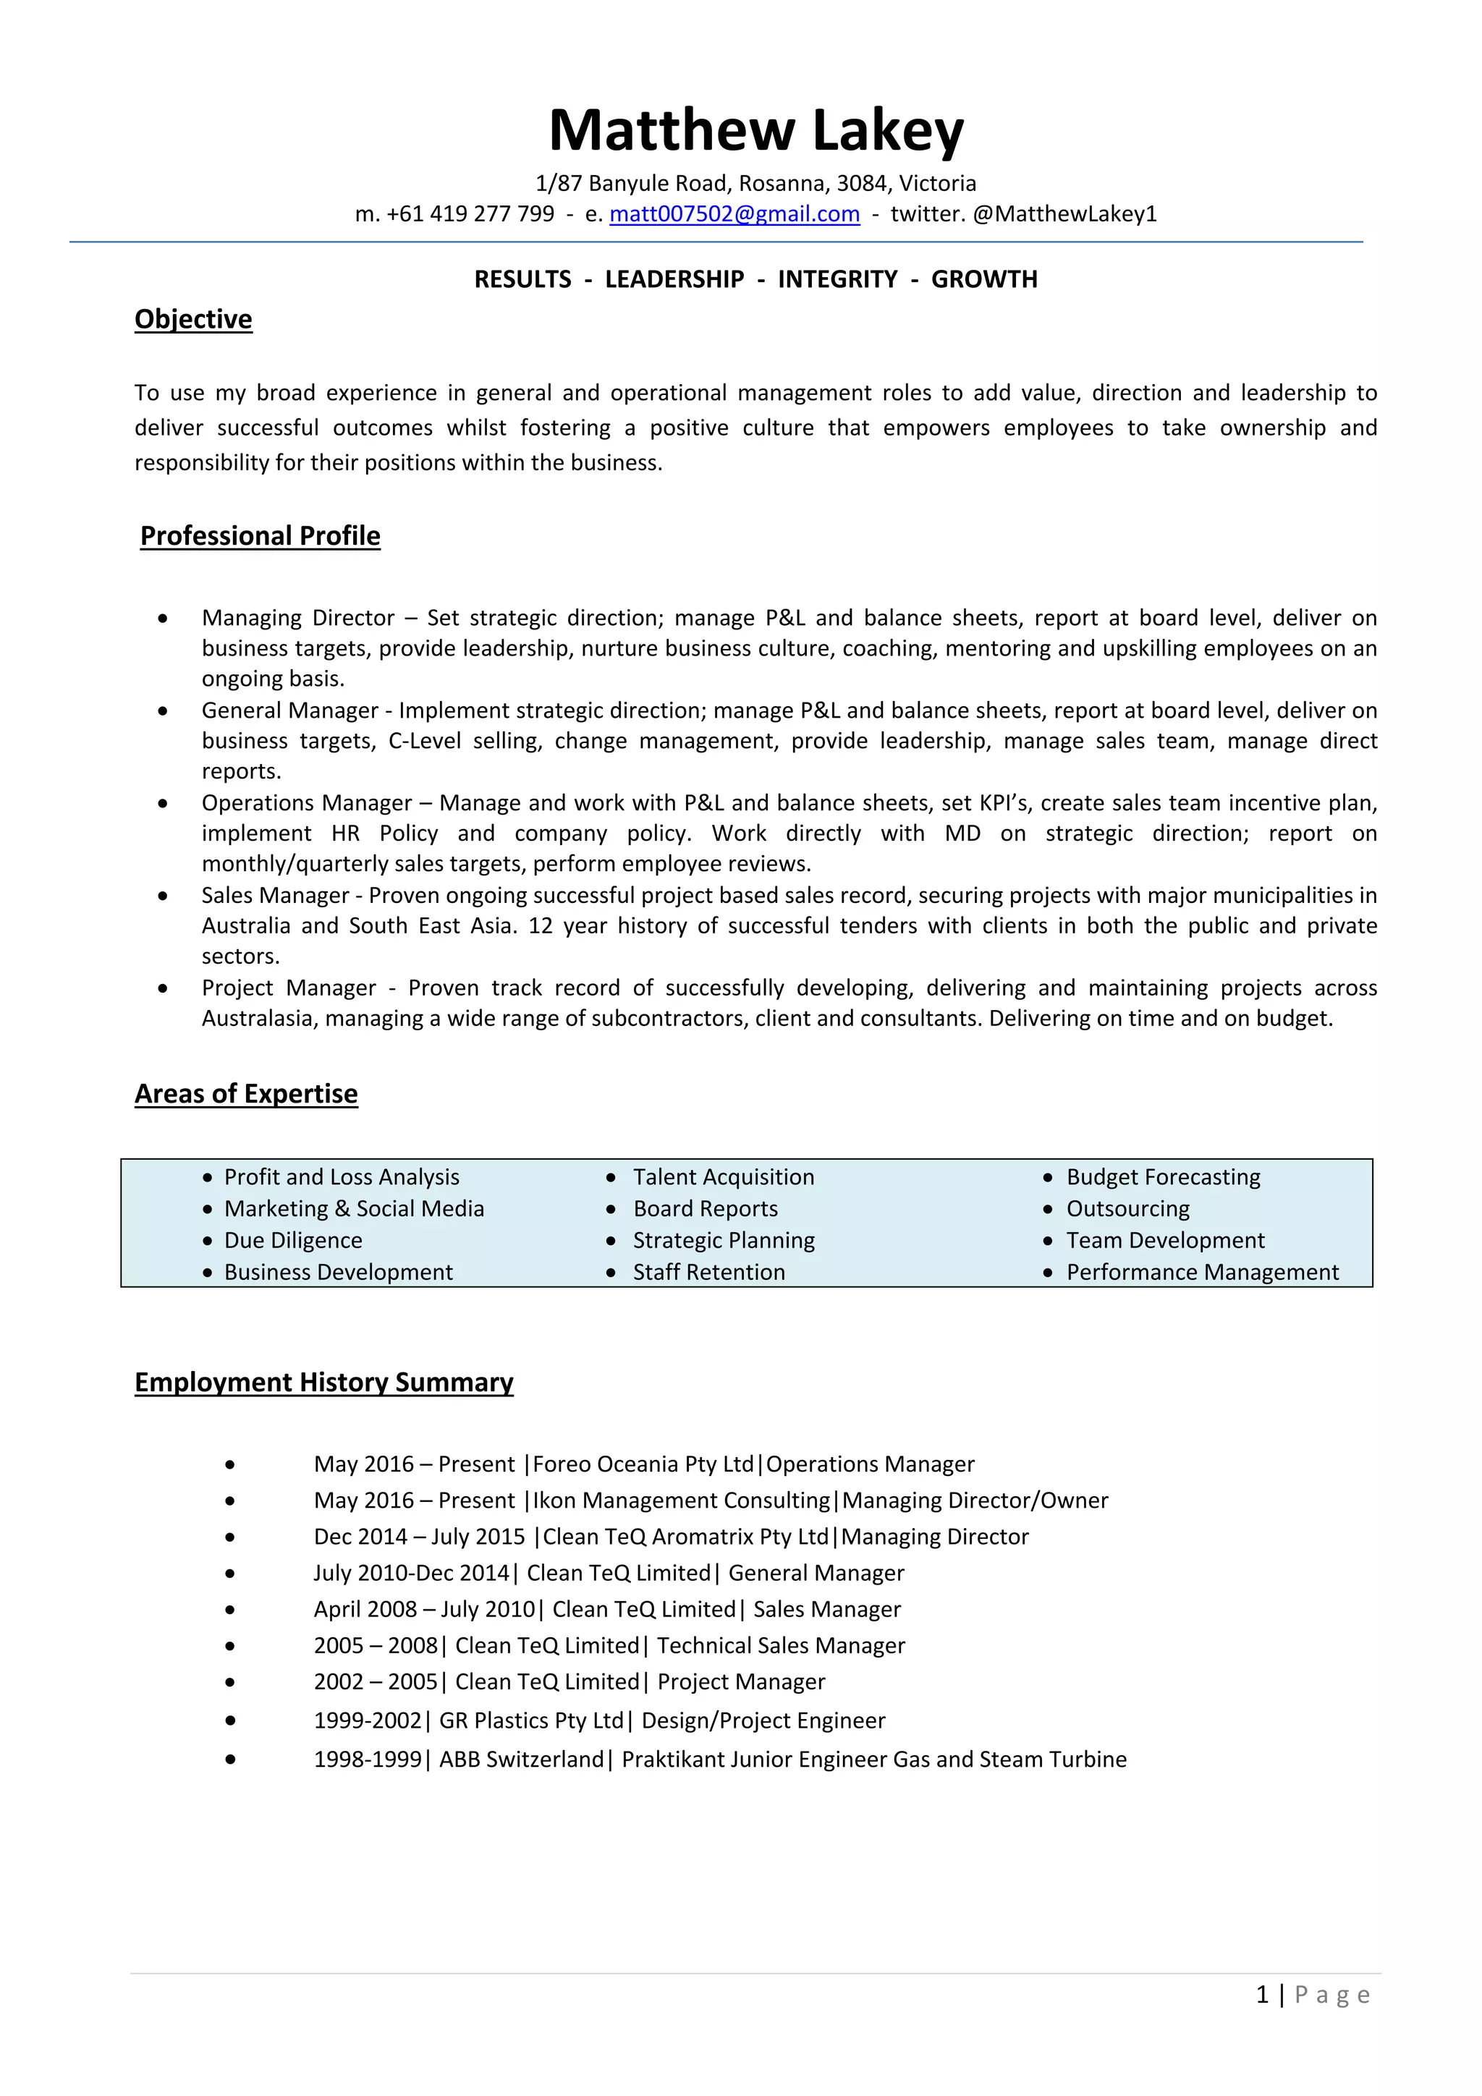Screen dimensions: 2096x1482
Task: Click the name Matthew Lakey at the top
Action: pyautogui.click(x=755, y=130)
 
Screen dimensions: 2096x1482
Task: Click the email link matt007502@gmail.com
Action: pyautogui.click(x=734, y=213)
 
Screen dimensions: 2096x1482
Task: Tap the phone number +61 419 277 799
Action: pyautogui.click(x=470, y=213)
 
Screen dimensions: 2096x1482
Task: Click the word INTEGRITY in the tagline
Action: pyautogui.click(x=837, y=279)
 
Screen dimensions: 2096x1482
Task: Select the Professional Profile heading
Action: pyautogui.click(x=261, y=536)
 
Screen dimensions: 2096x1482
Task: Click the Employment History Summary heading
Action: pyautogui.click(x=323, y=1382)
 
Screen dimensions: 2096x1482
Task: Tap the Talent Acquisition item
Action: pyautogui.click(x=723, y=1178)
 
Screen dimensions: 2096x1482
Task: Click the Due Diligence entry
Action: pyautogui.click(x=293, y=1241)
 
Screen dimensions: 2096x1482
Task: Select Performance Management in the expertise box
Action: pyautogui.click(x=1202, y=1273)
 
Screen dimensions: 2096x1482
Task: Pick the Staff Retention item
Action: pyautogui.click(x=708, y=1273)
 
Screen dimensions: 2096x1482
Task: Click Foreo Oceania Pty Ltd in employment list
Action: pyautogui.click(x=643, y=1464)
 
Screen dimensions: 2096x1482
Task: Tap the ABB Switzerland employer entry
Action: pyautogui.click(x=522, y=1759)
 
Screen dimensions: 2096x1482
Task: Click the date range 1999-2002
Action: pyautogui.click(x=367, y=1720)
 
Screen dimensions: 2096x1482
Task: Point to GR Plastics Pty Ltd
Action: pyautogui.click(x=531, y=1720)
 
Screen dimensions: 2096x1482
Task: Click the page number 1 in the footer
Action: pyautogui.click(x=1262, y=1995)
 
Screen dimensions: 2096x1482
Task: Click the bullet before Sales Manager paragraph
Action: pyautogui.click(x=163, y=896)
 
